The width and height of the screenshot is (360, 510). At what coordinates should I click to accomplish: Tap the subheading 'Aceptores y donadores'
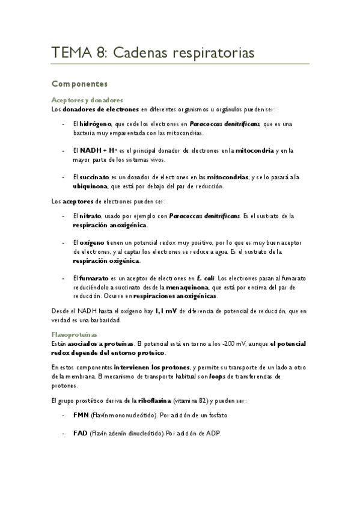click(88, 100)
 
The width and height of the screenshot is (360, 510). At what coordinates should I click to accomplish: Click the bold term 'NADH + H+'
click(99, 150)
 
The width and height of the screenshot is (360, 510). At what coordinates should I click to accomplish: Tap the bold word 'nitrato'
click(91, 215)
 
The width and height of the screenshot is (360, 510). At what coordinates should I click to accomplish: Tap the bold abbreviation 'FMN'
click(81, 416)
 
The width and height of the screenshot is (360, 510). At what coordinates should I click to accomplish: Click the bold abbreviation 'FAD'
click(81, 433)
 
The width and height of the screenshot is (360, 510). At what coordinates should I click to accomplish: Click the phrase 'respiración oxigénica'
click(106, 261)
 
